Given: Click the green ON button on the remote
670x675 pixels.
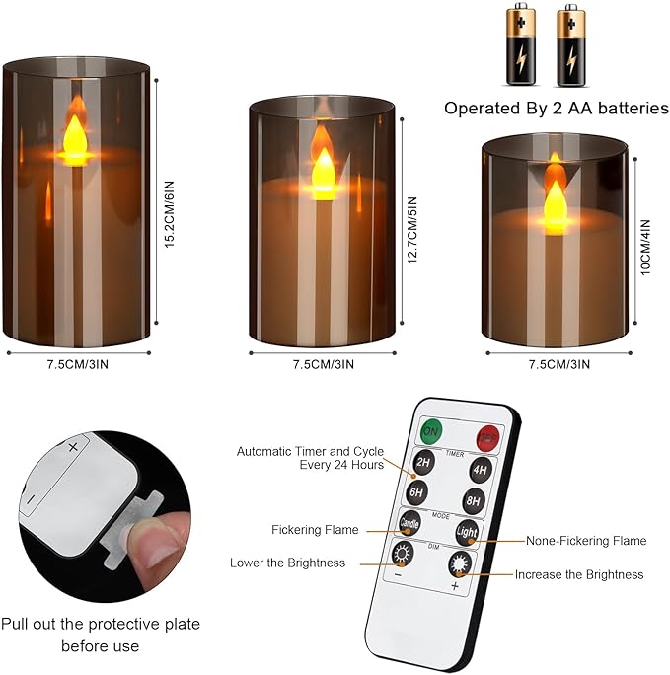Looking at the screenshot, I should click(x=431, y=431).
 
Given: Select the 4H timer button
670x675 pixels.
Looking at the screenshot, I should click(x=480, y=470).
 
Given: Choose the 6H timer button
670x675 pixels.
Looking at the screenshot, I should click(x=416, y=490).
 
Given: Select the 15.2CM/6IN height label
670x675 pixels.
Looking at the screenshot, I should click(x=170, y=212).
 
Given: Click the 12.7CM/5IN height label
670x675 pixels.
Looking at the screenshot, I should click(x=412, y=227).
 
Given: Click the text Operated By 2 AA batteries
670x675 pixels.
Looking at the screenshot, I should click(x=556, y=108).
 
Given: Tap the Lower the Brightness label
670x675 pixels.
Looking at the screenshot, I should click(x=287, y=562).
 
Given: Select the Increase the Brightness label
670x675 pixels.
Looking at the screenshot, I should click(x=578, y=573).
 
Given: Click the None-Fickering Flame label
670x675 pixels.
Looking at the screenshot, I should click(x=586, y=540).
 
